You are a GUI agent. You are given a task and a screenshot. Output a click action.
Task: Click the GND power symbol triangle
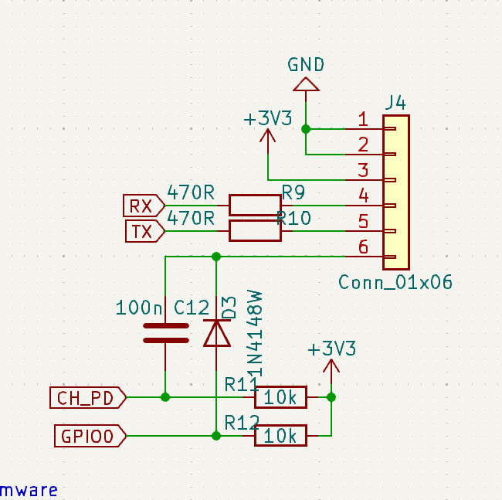point(306,83)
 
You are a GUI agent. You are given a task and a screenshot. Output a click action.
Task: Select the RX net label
point(142,206)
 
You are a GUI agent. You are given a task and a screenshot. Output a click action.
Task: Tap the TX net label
point(143,231)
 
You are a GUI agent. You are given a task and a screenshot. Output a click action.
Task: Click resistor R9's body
point(254,205)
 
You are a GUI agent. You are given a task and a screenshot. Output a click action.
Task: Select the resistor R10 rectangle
point(254,230)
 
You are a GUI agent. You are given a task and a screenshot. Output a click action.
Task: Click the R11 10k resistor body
point(280,397)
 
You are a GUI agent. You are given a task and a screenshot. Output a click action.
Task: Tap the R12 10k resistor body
point(280,436)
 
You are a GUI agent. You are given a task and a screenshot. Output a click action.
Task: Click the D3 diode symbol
point(216,332)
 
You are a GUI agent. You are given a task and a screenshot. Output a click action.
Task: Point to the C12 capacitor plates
point(165,332)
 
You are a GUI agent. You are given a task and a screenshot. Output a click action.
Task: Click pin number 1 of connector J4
point(363,119)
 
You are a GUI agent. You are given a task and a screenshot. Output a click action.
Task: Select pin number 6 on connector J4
point(363,247)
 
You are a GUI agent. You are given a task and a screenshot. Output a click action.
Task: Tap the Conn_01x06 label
point(395,281)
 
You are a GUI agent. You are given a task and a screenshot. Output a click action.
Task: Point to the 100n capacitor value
point(139,308)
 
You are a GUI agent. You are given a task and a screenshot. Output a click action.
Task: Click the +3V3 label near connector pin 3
point(267,119)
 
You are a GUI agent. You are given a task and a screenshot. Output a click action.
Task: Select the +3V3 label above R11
point(331,349)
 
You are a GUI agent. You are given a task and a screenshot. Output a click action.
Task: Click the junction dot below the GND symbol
point(306,128)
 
